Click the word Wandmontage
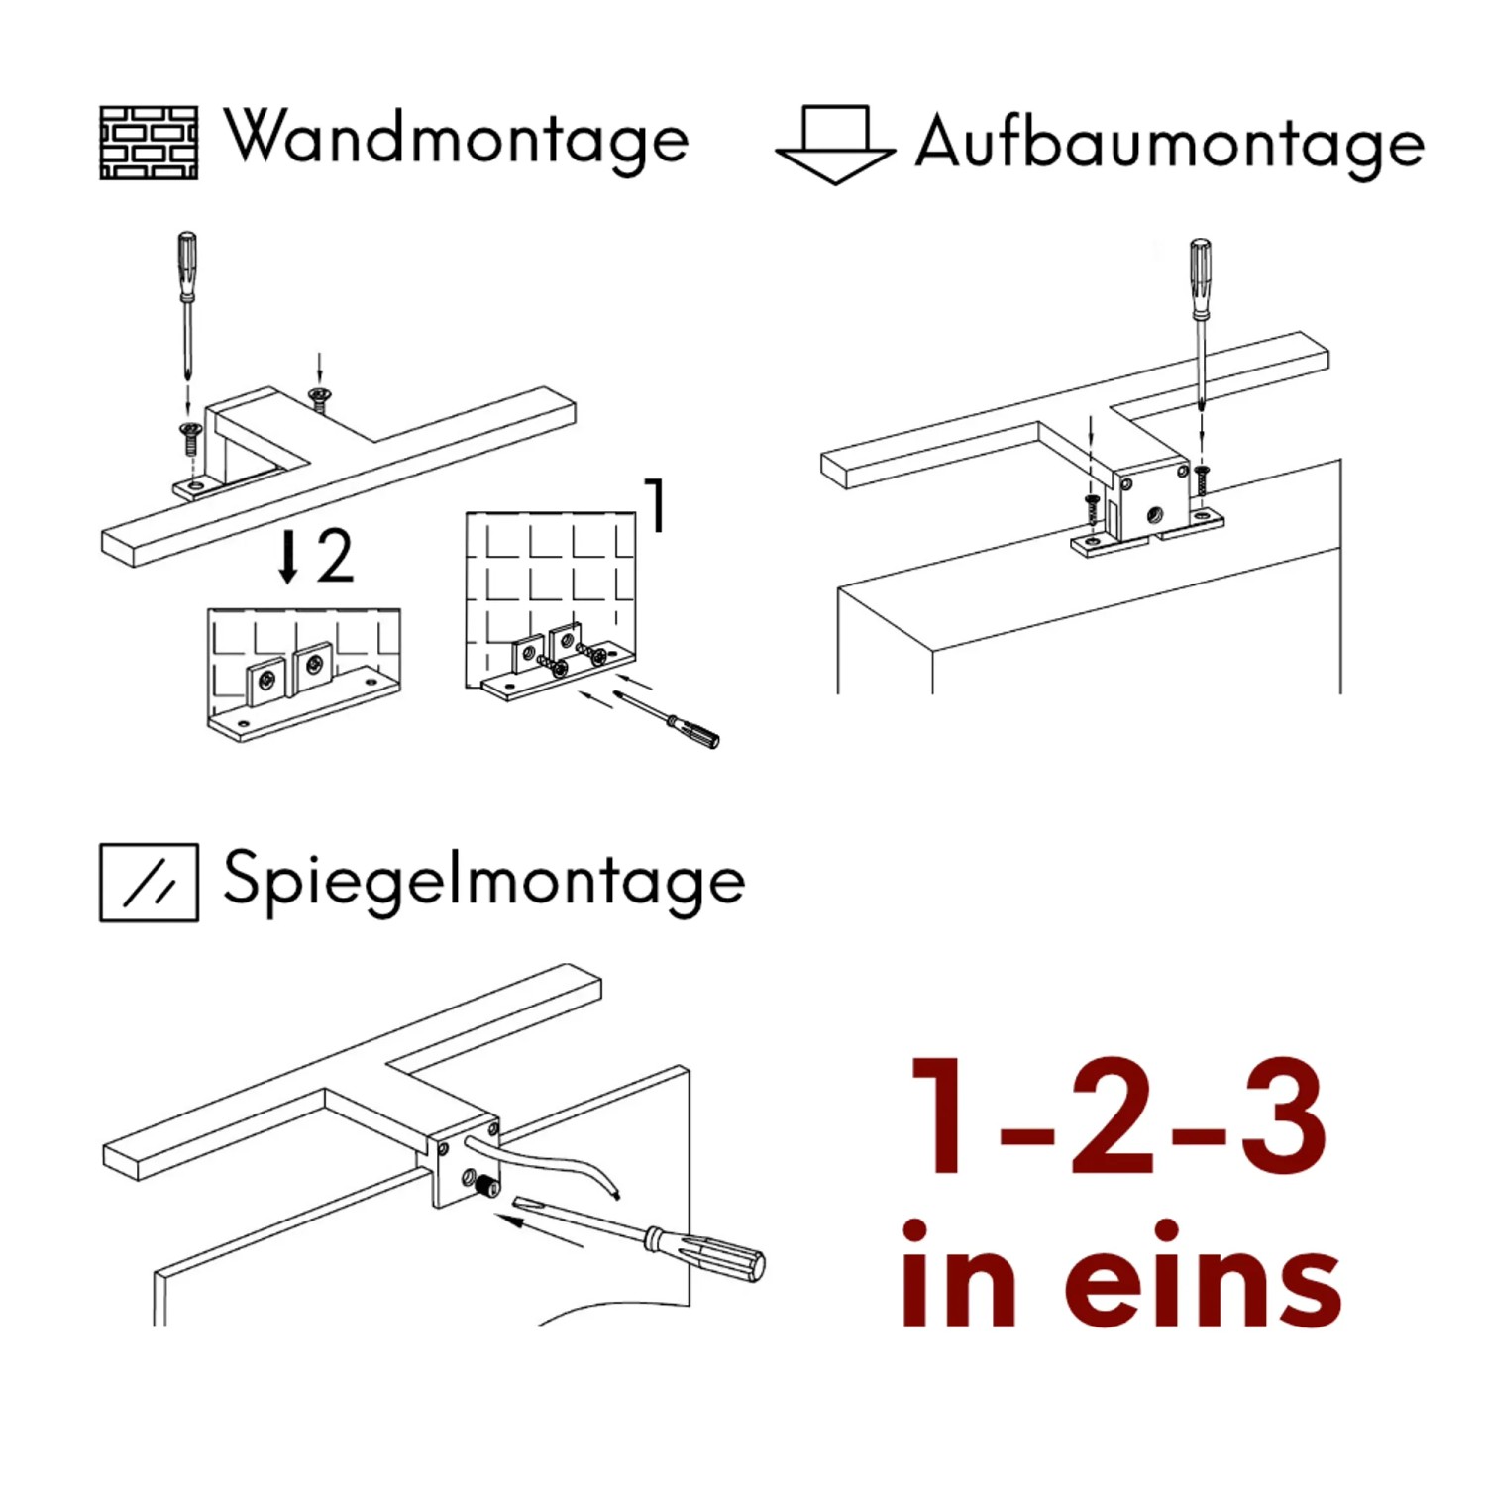pos(456,140)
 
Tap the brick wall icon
pos(149,143)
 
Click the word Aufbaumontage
pos(1169,145)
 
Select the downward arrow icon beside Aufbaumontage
pos(835,145)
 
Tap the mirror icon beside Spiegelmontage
pos(149,883)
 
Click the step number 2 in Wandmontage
pos(335,557)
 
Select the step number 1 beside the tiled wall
pos(655,505)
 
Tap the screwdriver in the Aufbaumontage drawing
pos(1200,317)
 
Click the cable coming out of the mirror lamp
pos(555,1164)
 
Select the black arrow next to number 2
pos(288,557)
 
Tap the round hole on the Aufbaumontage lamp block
pos(1155,515)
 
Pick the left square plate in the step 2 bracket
pos(265,682)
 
